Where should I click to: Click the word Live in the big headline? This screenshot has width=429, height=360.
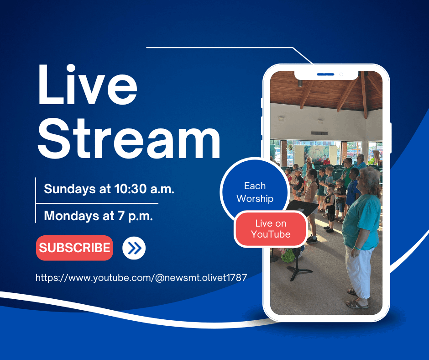tap(88, 85)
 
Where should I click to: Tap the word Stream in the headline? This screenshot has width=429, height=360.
tap(129, 138)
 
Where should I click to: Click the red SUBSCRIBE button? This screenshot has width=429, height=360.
tap(74, 248)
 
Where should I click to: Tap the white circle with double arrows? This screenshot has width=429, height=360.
tap(134, 248)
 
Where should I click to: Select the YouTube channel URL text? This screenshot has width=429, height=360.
tap(141, 278)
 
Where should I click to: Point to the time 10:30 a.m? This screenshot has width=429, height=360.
tap(144, 189)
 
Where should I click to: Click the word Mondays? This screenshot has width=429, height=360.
tap(71, 216)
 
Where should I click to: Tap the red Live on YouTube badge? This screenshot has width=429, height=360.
tap(271, 229)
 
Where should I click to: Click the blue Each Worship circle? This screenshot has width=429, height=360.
tap(255, 189)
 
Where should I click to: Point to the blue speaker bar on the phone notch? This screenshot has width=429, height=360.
tap(325, 74)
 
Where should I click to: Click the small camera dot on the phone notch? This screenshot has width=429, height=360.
tap(341, 74)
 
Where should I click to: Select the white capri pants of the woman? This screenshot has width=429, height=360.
tap(357, 271)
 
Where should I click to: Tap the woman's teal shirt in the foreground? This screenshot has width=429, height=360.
tap(361, 222)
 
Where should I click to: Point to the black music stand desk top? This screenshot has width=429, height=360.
tap(302, 207)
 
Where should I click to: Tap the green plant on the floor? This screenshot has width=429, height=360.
tap(287, 256)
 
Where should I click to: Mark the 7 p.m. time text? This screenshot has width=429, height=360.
tap(136, 216)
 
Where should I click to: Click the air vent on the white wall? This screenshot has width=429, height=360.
tap(319, 133)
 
